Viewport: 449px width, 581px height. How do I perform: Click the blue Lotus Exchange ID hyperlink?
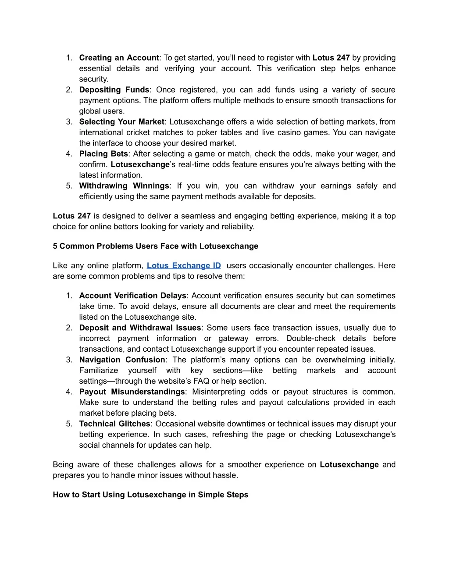(184, 266)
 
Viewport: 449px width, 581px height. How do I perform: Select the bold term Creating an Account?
(119, 58)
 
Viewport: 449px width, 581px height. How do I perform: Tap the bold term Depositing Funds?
(114, 90)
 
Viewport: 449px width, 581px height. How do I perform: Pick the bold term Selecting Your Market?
(121, 122)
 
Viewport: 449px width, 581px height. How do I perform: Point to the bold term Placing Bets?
(103, 154)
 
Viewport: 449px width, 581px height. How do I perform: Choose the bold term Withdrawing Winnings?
(124, 186)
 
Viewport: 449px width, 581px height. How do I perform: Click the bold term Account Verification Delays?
(133, 296)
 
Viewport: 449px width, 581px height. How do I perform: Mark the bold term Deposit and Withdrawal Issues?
(140, 328)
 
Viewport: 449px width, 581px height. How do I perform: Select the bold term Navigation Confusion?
(122, 360)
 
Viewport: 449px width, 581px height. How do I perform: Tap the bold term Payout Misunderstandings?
(132, 392)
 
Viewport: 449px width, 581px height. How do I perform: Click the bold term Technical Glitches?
(114, 424)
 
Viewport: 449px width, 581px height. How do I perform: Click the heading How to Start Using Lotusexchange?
(150, 495)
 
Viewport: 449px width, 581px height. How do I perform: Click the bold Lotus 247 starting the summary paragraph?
(71, 216)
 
